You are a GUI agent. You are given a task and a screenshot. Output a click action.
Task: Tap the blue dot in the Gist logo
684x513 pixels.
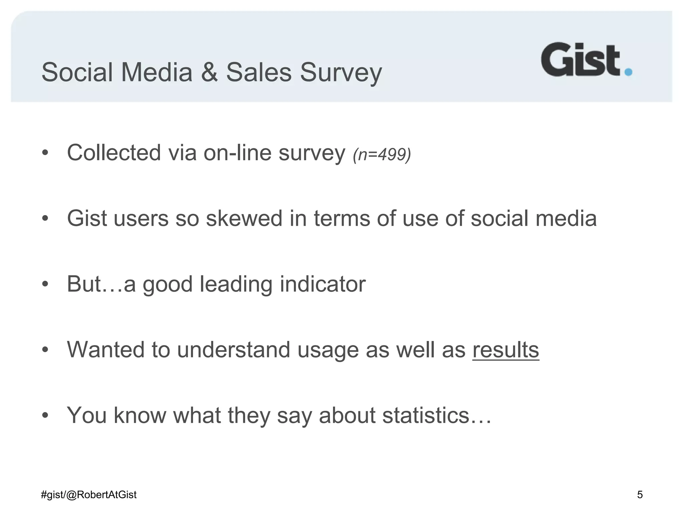[x=628, y=72]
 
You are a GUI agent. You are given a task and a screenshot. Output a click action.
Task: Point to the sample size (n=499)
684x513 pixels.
[x=382, y=154]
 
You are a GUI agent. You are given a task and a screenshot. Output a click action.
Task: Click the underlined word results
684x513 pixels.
[x=506, y=349]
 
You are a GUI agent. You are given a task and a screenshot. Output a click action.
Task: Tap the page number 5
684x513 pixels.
[x=640, y=495]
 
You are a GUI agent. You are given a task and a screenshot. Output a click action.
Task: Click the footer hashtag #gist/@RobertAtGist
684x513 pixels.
[x=89, y=495]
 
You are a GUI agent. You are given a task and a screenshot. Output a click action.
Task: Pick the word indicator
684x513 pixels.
[x=323, y=284]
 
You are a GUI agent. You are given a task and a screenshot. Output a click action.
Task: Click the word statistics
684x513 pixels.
[x=426, y=415]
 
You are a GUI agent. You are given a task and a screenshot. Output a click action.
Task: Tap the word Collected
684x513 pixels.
[x=114, y=153]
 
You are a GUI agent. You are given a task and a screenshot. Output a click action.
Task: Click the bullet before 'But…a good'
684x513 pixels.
[x=45, y=285]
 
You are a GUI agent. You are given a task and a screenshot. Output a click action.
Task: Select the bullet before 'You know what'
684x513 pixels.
[x=45, y=416]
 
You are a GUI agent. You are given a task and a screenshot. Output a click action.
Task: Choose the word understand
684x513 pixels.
[x=233, y=349]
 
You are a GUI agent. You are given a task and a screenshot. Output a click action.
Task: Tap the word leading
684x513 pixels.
[x=236, y=285]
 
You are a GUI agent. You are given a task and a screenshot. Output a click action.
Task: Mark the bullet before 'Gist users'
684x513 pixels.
[x=45, y=219]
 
